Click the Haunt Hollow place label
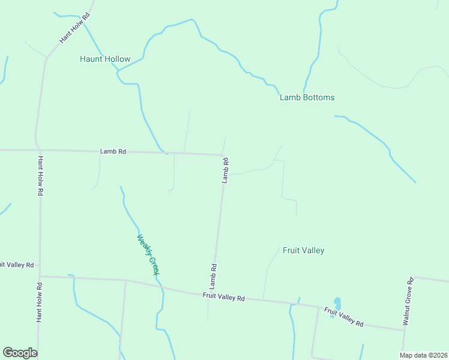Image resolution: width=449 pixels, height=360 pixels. pos(105,59)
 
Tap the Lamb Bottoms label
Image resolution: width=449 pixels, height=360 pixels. pos(307,97)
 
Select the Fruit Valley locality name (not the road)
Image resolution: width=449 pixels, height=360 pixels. pos(303,250)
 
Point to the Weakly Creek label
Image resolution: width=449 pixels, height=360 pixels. pos(148,254)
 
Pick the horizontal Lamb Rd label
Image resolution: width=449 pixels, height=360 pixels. pos(113,152)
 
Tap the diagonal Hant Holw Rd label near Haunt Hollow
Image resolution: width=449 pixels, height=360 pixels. pos(74,28)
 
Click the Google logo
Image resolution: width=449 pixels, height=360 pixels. pos(20,353)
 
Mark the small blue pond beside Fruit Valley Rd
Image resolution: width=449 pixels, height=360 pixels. pos(337,304)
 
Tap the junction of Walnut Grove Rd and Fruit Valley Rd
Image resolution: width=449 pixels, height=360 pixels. pos(403,329)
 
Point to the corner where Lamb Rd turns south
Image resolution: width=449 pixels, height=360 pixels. pos(223,155)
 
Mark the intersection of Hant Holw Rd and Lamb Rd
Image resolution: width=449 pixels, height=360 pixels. pos(38,150)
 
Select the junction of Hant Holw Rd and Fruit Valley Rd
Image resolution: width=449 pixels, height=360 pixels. pos(40,277)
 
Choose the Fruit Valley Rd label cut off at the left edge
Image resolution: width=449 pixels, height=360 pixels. pos(17,264)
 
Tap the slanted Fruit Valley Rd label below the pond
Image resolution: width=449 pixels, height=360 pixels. pos(343,317)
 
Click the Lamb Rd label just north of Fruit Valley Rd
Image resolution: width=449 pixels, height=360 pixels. pos(212,274)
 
